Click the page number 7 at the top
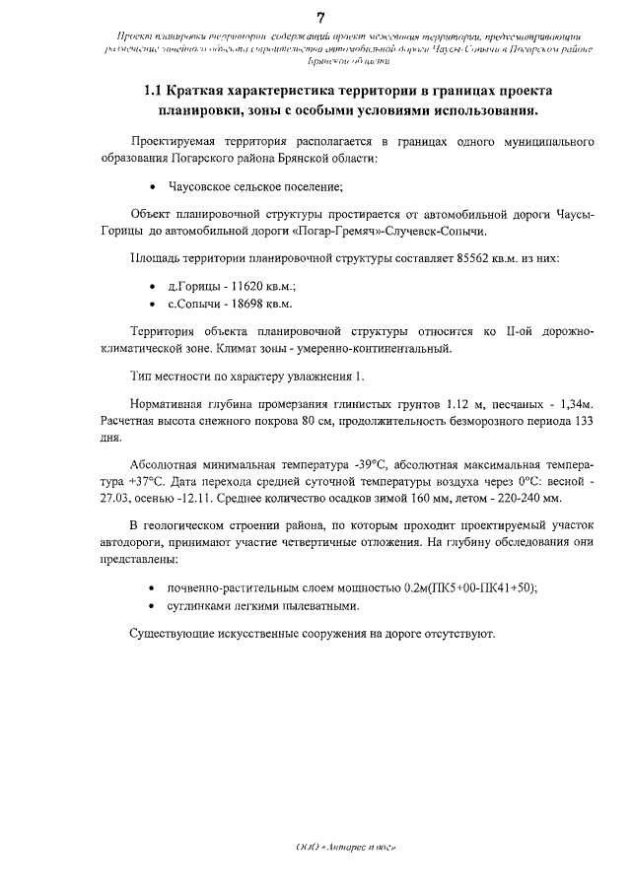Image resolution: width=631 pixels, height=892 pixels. pos(320,17)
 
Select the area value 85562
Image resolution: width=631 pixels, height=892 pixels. pos(477,257)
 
